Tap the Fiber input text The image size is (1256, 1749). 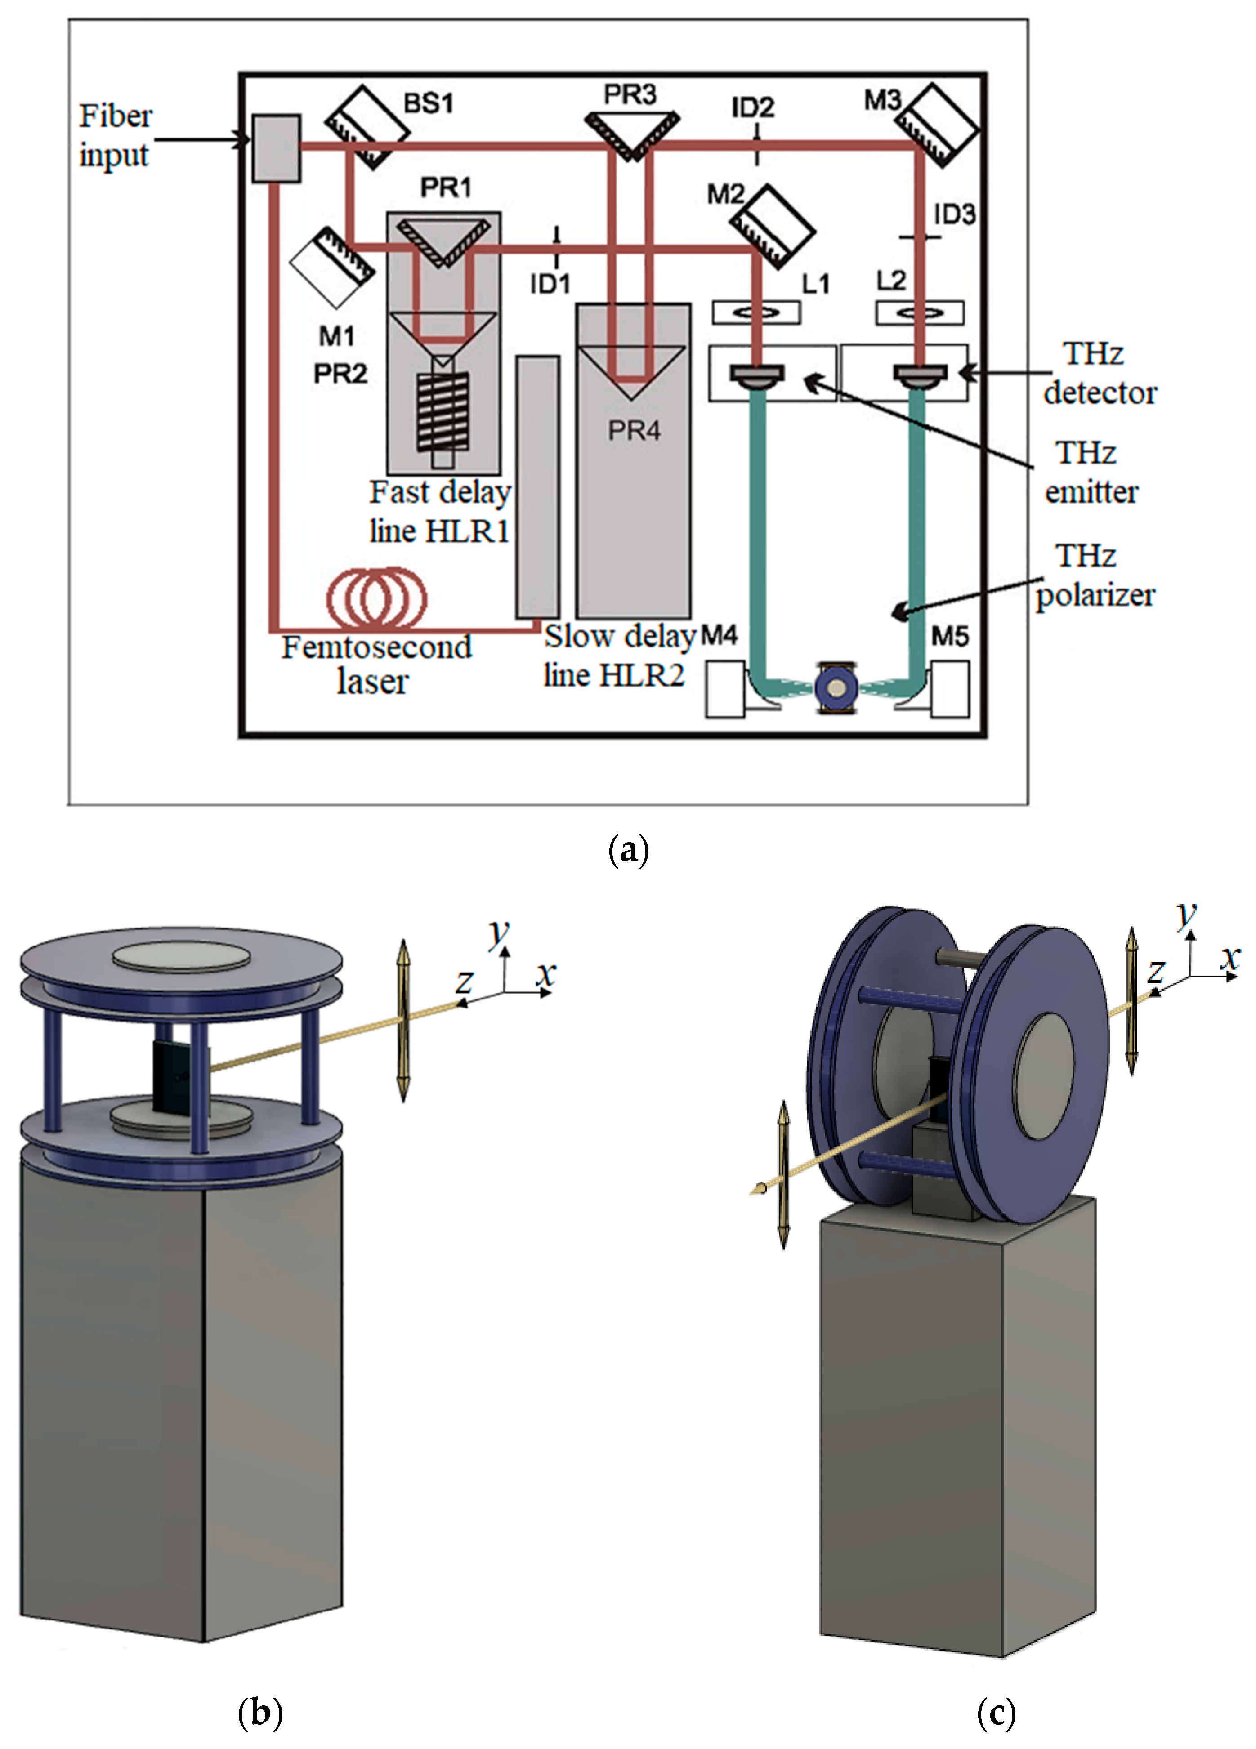[116, 136]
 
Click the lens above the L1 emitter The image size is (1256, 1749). [755, 312]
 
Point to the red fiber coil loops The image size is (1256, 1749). [376, 598]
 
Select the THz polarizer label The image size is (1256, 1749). [1094, 576]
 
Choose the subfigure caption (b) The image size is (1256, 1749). [260, 1713]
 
